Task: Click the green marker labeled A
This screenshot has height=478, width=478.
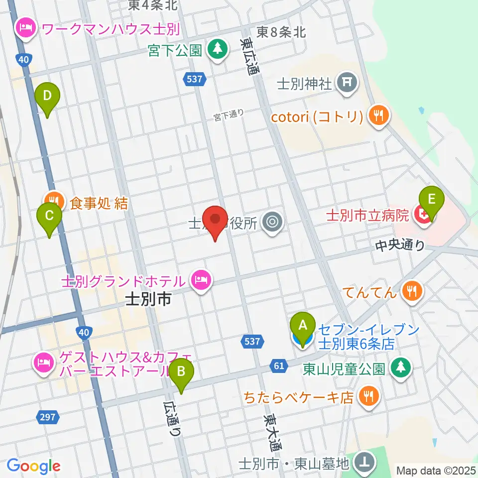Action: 302,327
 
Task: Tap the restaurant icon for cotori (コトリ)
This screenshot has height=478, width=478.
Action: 378,117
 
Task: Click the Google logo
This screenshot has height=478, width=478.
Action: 33,466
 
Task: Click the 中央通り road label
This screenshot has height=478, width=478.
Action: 401,245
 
